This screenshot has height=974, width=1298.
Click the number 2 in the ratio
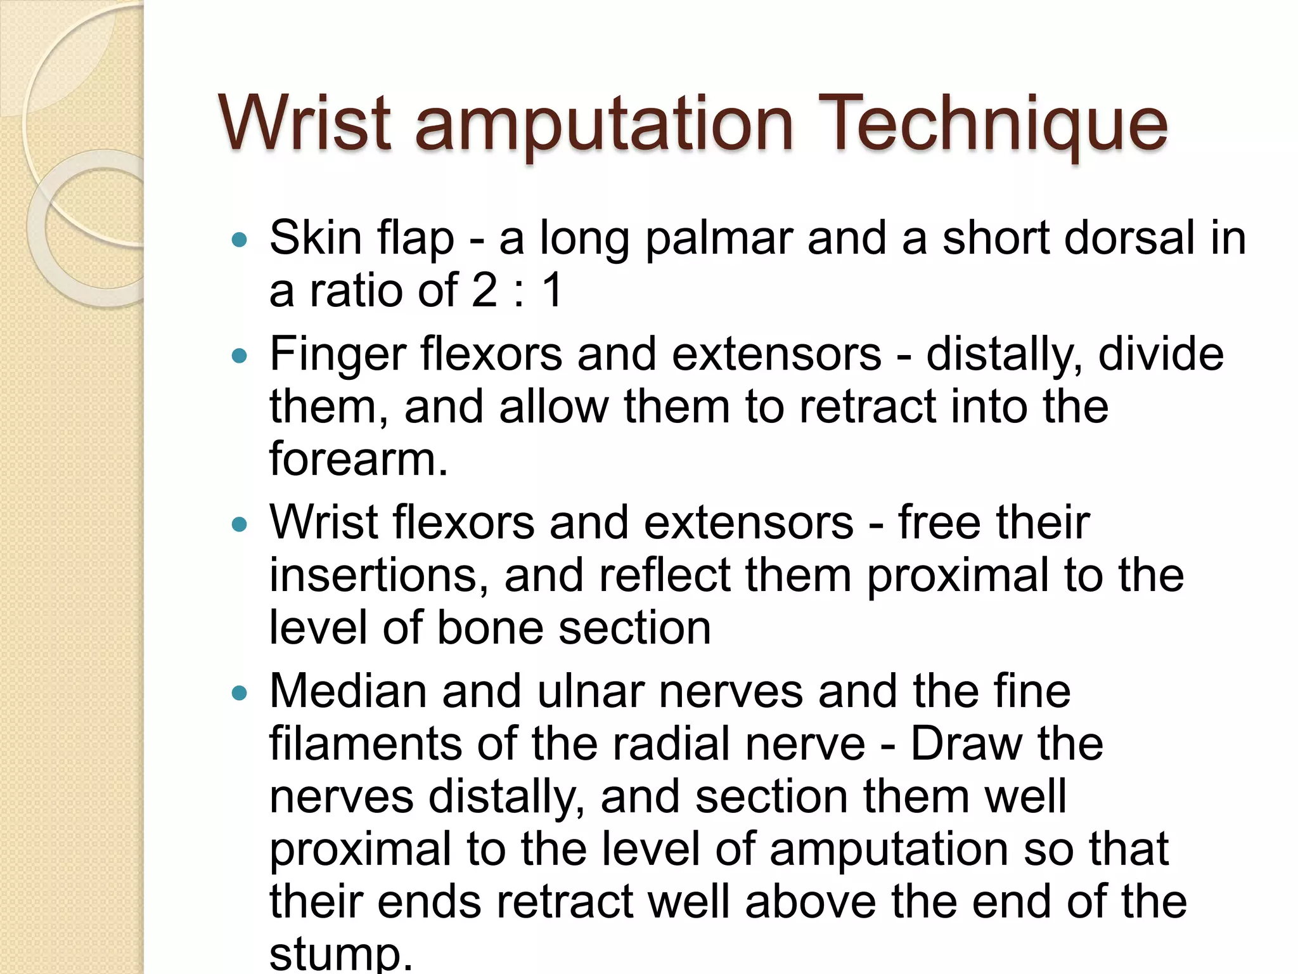485,291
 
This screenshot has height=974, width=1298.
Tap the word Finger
337,355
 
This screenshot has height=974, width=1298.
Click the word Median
348,691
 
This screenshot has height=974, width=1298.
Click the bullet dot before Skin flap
240,240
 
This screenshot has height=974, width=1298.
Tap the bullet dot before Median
240,693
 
